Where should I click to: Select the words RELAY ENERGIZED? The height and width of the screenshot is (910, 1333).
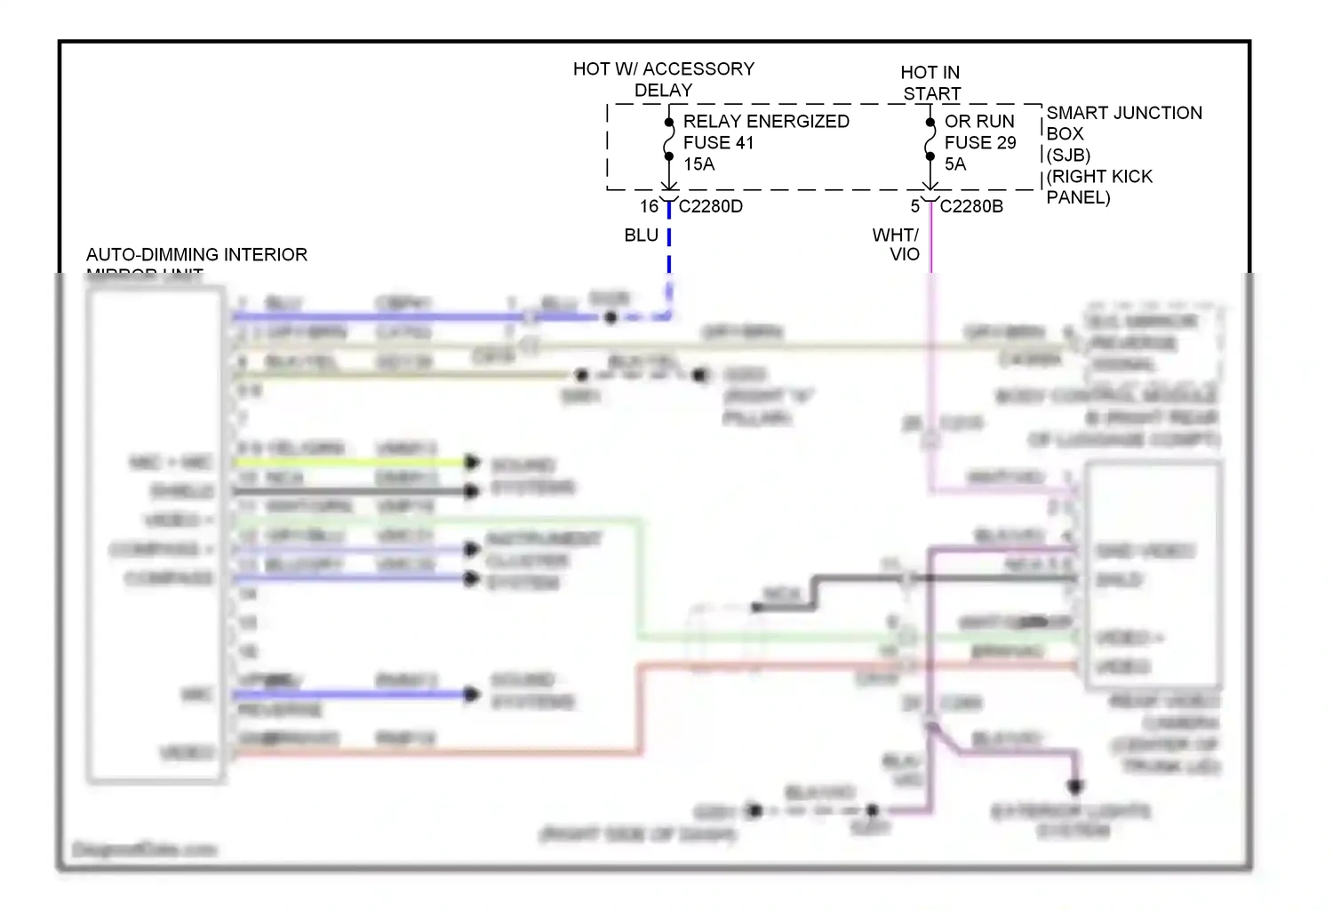[x=766, y=122]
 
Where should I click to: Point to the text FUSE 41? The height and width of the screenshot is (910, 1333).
[x=718, y=143]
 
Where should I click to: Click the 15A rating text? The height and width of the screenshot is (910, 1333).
[x=698, y=164]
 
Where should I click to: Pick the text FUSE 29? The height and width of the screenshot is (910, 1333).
[x=979, y=143]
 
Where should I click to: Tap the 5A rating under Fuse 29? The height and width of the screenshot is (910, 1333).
[x=954, y=164]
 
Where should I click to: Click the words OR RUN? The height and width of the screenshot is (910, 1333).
[x=978, y=122]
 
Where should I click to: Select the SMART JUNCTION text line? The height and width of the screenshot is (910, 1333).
[x=1123, y=113]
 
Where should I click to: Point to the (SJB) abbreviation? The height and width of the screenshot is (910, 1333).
[x=1067, y=156]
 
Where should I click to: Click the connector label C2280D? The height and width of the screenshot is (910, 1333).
[x=710, y=206]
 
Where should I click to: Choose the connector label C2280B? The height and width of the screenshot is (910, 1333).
[x=971, y=206]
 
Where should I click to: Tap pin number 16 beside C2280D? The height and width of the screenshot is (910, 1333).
[x=649, y=206]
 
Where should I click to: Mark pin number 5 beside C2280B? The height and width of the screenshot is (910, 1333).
[x=914, y=206]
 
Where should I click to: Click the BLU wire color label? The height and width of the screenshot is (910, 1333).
[x=641, y=235]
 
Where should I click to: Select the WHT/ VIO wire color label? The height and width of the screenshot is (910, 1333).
[x=896, y=244]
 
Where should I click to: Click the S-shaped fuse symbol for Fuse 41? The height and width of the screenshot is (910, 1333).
[x=669, y=140]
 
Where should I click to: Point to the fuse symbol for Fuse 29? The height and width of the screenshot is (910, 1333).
[x=930, y=140]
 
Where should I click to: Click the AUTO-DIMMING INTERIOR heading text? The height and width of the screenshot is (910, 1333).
[x=196, y=255]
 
